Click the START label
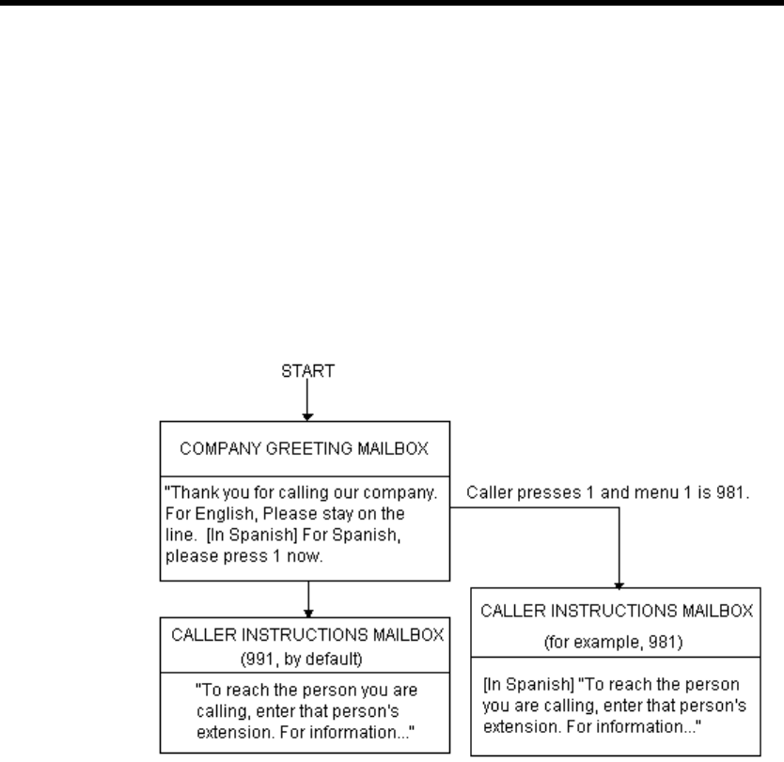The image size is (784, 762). pyautogui.click(x=307, y=371)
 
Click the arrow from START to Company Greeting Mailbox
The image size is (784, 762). pyautogui.click(x=307, y=399)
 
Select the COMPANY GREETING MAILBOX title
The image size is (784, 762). pyautogui.click(x=304, y=449)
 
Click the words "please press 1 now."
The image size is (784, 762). pyautogui.click(x=244, y=556)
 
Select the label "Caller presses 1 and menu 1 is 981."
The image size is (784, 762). pyautogui.click(x=608, y=492)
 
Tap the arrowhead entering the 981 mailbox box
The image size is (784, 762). pyautogui.click(x=619, y=585)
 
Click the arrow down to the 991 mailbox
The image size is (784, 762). pyautogui.click(x=308, y=599)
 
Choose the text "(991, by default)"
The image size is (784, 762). pyautogui.click(x=302, y=660)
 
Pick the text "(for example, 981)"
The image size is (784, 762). pyautogui.click(x=614, y=642)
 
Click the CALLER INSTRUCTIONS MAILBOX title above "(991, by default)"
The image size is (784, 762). pyautogui.click(x=307, y=635)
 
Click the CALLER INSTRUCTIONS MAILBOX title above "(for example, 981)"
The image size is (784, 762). pyautogui.click(x=617, y=611)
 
